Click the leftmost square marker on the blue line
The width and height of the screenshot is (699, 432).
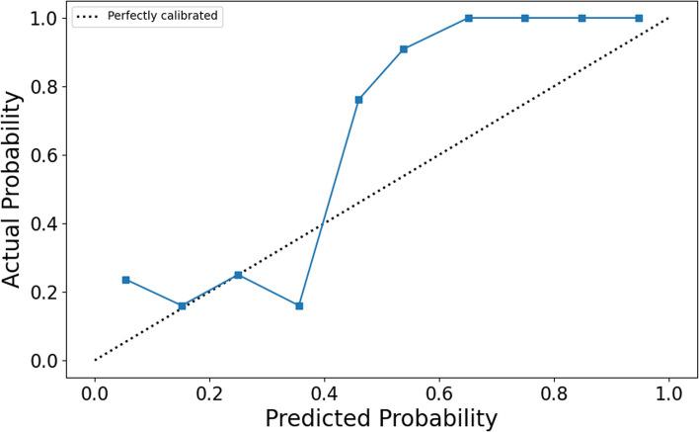[125, 280]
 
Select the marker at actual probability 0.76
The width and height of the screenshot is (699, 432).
[358, 100]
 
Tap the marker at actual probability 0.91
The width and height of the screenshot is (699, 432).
[404, 48]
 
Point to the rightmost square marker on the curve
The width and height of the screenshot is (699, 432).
[639, 18]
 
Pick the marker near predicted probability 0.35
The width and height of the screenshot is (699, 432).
[299, 305]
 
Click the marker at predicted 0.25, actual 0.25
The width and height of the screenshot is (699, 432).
[238, 275]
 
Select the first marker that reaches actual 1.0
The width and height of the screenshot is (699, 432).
[469, 18]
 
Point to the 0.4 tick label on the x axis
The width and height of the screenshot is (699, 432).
[324, 391]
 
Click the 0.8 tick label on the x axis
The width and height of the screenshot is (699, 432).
[554, 391]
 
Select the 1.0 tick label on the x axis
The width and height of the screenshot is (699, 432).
[668, 391]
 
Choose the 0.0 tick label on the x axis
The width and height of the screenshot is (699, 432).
[95, 391]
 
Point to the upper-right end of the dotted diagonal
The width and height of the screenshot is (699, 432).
[668, 18]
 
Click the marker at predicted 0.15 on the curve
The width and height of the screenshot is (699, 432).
[182, 305]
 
